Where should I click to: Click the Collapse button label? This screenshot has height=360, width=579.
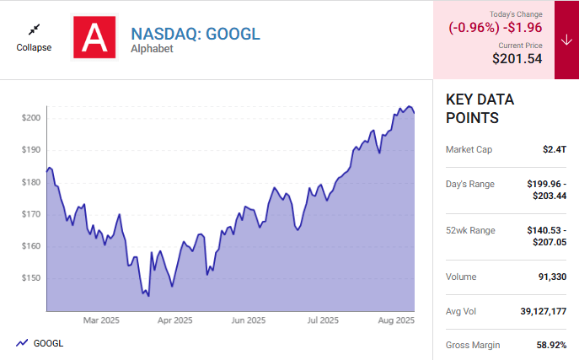click(x=34, y=47)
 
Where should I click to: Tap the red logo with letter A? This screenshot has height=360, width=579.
click(x=94, y=37)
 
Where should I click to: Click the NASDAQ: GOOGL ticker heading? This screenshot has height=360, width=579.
click(x=196, y=34)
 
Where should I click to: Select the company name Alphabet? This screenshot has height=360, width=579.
click(x=152, y=49)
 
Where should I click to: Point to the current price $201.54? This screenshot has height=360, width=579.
click(x=517, y=59)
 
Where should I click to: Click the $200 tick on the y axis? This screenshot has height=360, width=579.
click(x=31, y=118)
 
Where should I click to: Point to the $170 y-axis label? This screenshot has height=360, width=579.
click(x=31, y=214)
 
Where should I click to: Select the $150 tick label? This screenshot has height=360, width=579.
click(x=31, y=278)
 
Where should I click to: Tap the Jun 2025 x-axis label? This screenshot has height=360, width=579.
click(x=249, y=320)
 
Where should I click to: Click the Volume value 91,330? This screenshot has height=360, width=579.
click(x=550, y=277)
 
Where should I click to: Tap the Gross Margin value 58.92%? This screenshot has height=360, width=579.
click(x=549, y=345)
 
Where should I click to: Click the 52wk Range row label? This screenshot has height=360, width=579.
click(x=471, y=230)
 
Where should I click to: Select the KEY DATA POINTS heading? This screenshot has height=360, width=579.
click(x=480, y=109)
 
